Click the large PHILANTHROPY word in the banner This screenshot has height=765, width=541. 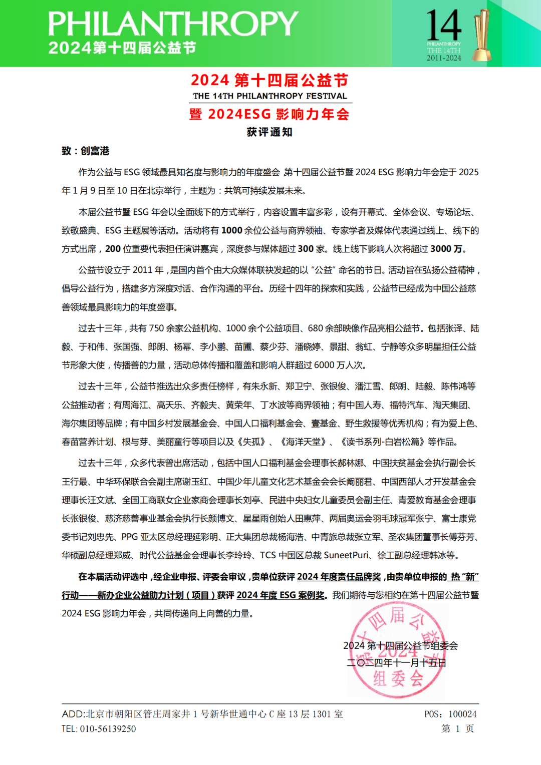pos(173,24)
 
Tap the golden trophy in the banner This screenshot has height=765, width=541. pos(482,35)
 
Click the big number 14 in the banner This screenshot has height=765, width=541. pos(443,25)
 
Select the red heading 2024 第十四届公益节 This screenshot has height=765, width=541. pos(269,80)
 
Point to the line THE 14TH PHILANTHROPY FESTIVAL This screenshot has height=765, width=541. pos(269,96)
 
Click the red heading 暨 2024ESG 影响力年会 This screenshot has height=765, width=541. pos(269,114)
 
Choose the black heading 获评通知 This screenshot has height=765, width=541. pos(269,132)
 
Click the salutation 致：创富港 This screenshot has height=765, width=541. pos(85,151)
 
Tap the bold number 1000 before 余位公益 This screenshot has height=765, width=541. pos(231,230)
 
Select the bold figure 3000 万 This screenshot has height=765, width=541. pos(447,249)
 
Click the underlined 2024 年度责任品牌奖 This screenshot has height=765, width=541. pos(339,577)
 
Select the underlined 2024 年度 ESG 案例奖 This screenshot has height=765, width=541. pos(280,595)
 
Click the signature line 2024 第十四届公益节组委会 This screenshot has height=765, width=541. pos(400,646)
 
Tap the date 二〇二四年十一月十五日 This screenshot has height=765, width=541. pos(396,663)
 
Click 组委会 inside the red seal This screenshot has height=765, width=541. pos(398,679)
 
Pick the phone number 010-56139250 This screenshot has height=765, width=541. pos(108,729)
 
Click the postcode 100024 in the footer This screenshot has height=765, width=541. pos(462,714)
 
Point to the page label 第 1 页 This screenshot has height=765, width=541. pos(457,728)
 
